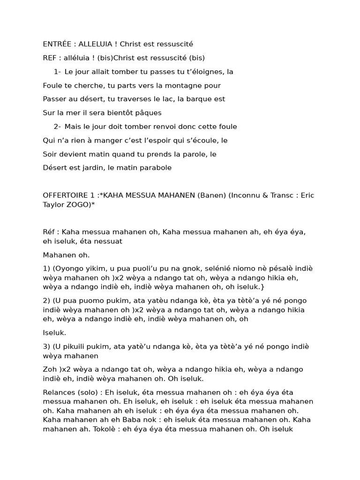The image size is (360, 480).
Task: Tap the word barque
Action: coord(199,99)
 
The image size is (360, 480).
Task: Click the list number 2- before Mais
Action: coord(57,127)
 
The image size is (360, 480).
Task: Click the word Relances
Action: coord(58,391)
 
